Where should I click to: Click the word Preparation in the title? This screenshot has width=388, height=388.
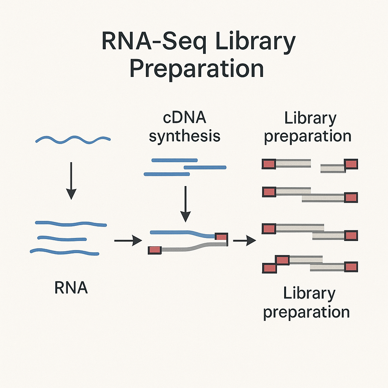[x=196, y=69]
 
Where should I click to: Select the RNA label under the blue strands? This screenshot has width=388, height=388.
[x=71, y=288]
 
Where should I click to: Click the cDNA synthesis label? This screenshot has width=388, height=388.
[x=185, y=127]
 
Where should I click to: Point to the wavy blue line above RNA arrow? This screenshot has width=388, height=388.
[x=73, y=140]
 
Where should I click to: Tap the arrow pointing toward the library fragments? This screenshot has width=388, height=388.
[x=244, y=240]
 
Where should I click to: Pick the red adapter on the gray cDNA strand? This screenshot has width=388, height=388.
[x=155, y=250]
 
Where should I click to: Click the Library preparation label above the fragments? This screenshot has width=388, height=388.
[x=307, y=127]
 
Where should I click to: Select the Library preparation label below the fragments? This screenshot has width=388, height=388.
[x=306, y=303]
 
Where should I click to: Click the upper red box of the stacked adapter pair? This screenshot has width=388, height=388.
[x=282, y=260]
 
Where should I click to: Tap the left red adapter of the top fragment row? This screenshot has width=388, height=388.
[x=269, y=164]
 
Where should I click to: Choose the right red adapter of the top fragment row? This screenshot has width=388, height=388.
[x=351, y=164]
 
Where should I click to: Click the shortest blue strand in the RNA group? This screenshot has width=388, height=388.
[x=62, y=238]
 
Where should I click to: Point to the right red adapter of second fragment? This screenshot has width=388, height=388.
[x=351, y=197]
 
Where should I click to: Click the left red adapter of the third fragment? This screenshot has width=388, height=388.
[x=269, y=228]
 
